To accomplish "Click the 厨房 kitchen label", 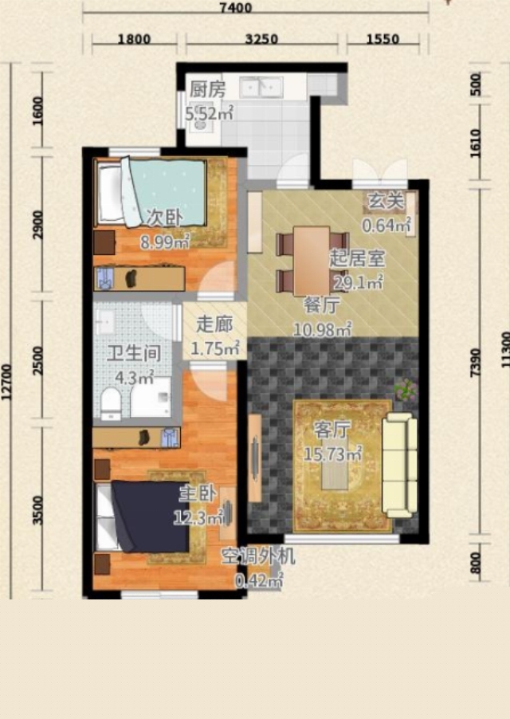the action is click(207, 89).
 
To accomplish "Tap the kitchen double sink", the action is click(261, 87).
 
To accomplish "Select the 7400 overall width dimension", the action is click(236, 8).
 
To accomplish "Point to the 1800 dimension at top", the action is click(134, 39).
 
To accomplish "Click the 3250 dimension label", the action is click(261, 39).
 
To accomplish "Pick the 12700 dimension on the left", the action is click(6, 382).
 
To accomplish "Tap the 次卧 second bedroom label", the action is click(164, 218).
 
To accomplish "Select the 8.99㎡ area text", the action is click(165, 242).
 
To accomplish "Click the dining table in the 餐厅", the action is click(312, 261).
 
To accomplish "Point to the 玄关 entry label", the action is click(386, 200).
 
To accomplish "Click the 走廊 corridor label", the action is click(214, 324).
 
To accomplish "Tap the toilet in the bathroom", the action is click(111, 403).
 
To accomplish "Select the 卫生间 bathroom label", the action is click(133, 354).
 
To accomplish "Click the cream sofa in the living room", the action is click(400, 465).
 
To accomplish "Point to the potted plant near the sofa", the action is click(405, 391).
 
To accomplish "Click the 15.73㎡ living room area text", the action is click(333, 454).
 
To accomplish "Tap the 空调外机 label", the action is click(258, 556).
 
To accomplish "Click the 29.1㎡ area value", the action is click(358, 283).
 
